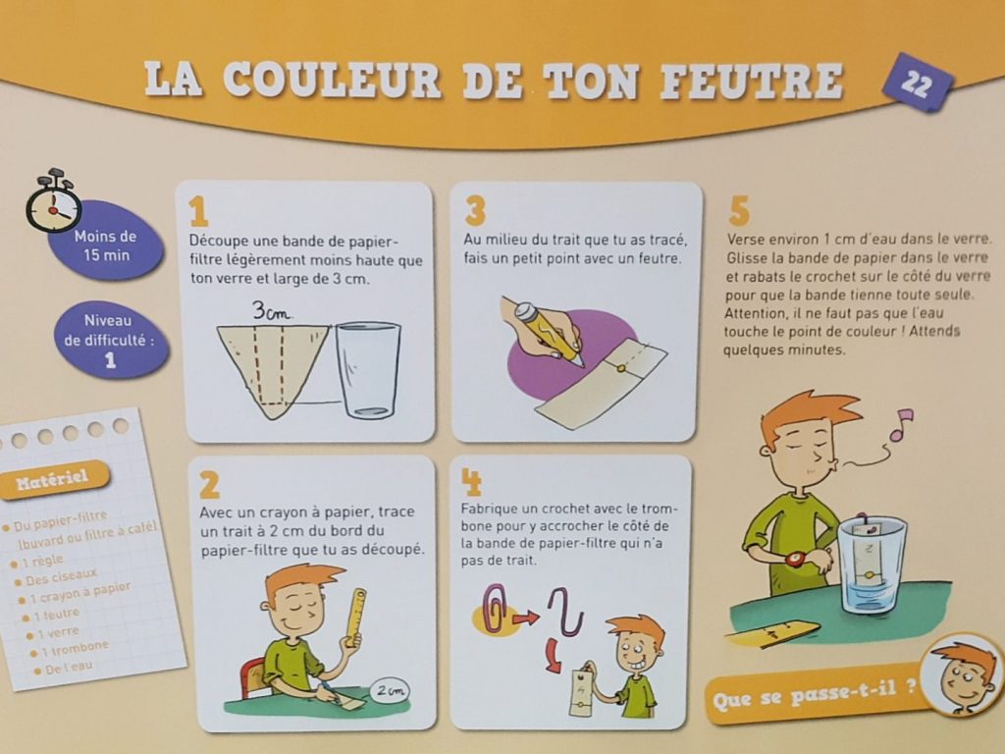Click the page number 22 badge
(917, 83)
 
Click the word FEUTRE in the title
(752, 81)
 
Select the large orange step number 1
(199, 211)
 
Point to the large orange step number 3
(475, 209)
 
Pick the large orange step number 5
(739, 210)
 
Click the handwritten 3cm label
(273, 312)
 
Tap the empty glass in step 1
(368, 369)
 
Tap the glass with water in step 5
(872, 565)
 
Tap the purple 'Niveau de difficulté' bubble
(109, 340)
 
